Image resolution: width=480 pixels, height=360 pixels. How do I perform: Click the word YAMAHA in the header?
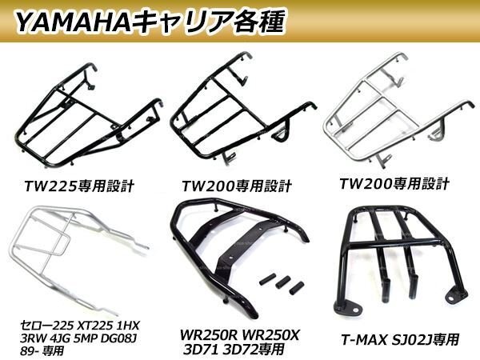point(73,22)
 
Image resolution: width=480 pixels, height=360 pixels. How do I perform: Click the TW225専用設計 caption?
point(79,186)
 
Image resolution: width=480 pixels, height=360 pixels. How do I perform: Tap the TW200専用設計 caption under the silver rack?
point(394,184)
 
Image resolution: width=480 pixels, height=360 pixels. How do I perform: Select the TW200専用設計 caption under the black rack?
point(236,186)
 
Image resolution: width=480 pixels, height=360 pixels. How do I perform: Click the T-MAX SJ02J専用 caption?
point(401,340)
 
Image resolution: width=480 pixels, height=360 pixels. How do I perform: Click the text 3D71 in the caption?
point(200,349)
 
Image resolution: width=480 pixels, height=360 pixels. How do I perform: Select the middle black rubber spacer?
point(283,282)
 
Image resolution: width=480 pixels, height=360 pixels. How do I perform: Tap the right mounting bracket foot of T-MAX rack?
point(456,294)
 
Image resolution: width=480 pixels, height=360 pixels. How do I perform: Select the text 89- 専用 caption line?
point(42,350)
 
